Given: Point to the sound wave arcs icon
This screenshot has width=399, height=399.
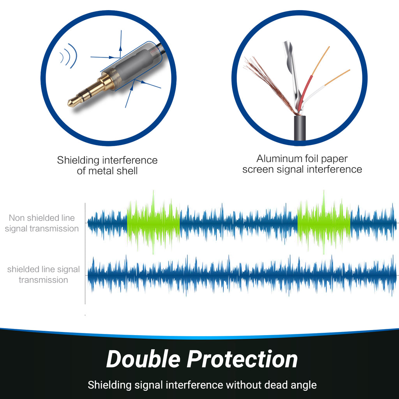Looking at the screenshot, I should click(67, 57).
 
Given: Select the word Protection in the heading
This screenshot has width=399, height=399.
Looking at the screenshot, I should click(242, 359).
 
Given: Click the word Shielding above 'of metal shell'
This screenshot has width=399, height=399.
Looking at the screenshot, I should click(78, 160).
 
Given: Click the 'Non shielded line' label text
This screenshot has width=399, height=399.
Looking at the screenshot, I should click(42, 218).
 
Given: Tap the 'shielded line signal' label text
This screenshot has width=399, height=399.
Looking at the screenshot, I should click(43, 269).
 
